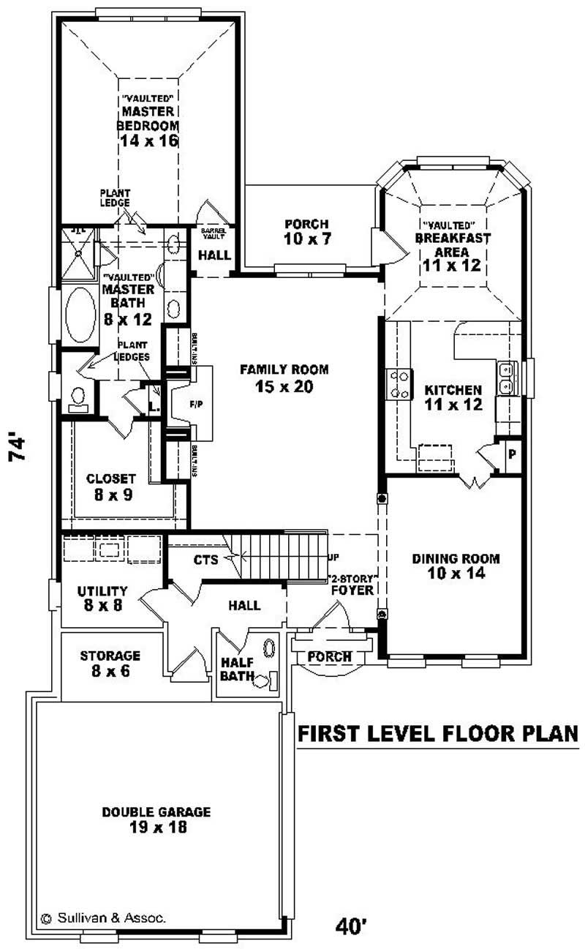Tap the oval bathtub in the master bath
pos(80,315)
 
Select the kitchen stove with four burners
pos(399,383)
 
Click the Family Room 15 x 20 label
pos(284,378)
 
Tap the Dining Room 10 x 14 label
pos(456,566)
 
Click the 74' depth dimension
pos(20,449)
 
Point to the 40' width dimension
pos(351,927)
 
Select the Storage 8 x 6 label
pos(110,663)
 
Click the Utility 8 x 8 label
pos(102,598)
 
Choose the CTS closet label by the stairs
pos(206,560)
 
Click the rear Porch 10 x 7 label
pos(306,230)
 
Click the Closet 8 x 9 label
pos(110,485)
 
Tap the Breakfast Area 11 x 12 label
pos(451,245)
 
